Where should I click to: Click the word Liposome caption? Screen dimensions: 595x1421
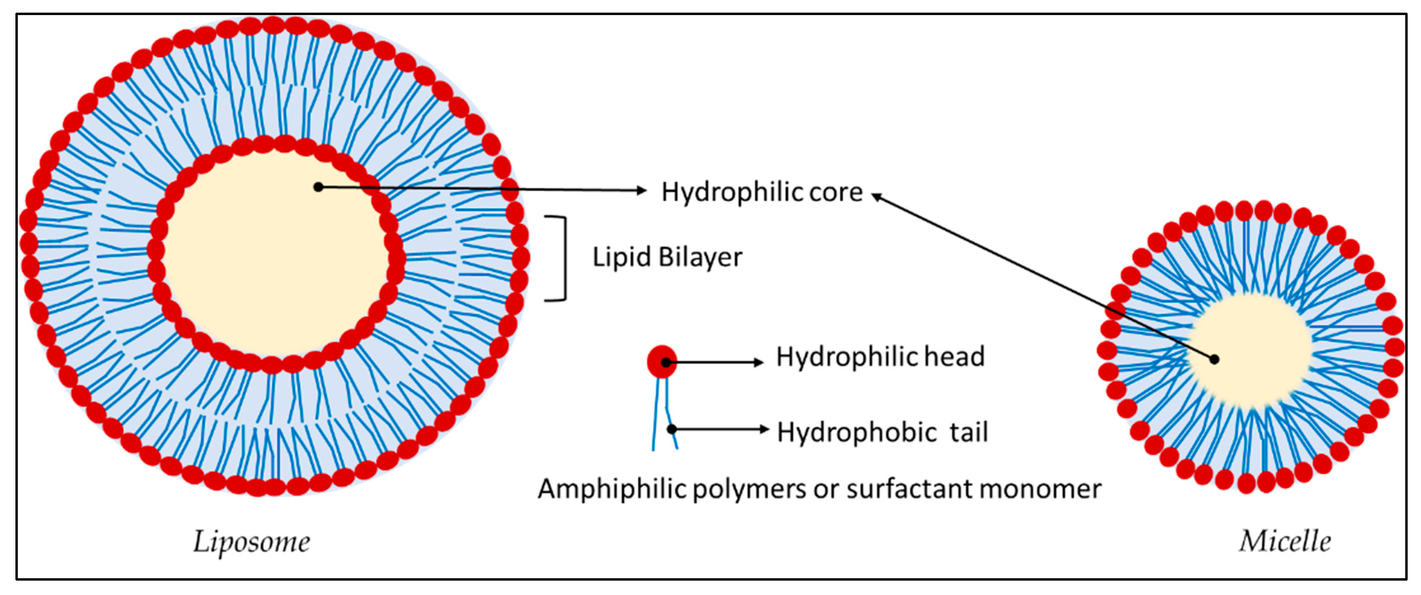(252, 542)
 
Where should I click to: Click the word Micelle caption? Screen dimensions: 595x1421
(1285, 542)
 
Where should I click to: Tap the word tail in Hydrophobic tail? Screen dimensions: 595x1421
(968, 432)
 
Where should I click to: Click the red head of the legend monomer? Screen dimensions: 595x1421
(662, 362)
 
